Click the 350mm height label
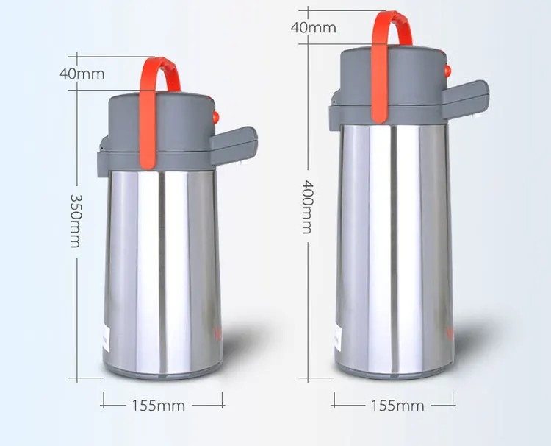click(x=75, y=221)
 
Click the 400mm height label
click(x=306, y=207)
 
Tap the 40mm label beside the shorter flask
click(x=82, y=74)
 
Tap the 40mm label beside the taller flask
click(x=313, y=28)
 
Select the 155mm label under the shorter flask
click(x=159, y=405)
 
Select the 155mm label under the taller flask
click(x=397, y=406)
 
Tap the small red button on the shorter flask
click(x=216, y=116)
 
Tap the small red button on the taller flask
click(x=447, y=71)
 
